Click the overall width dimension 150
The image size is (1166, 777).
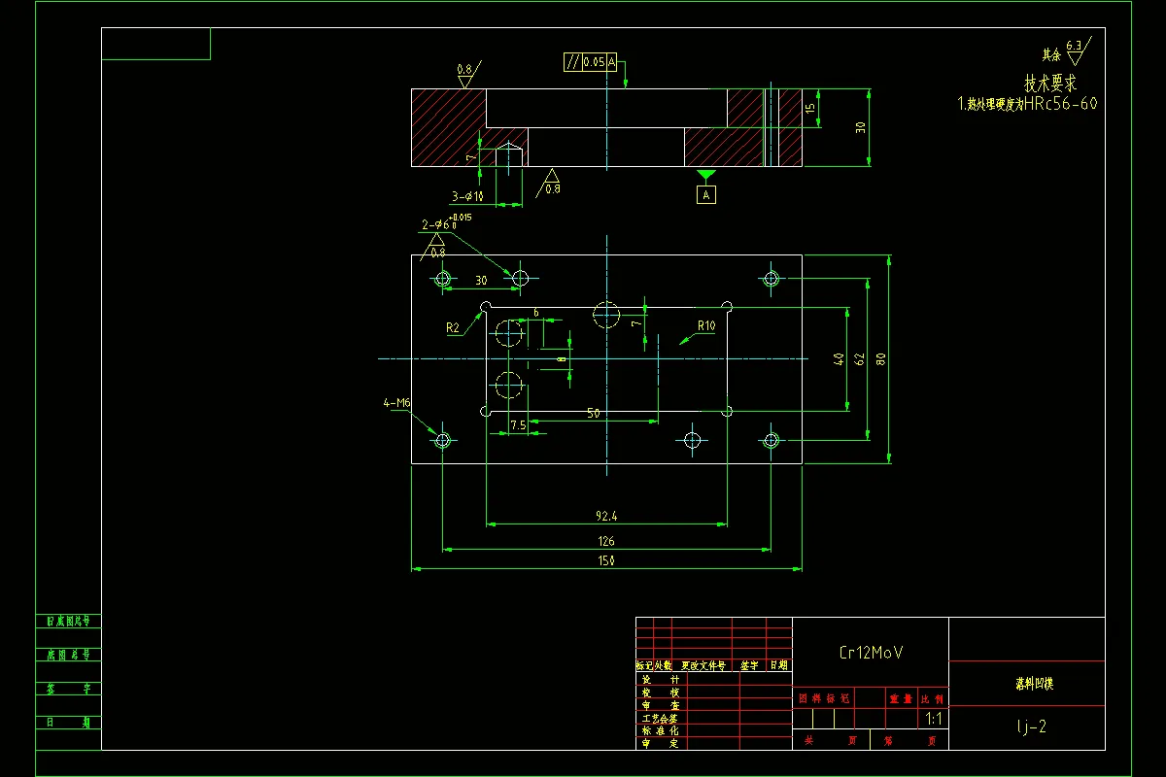607,560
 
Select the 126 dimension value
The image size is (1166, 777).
606,541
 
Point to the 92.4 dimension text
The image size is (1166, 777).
606,516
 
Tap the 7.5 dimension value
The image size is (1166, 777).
518,425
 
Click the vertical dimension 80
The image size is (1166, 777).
880,358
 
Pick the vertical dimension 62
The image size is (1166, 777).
859,358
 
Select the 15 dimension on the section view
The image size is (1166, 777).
809,109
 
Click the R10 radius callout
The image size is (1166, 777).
705,326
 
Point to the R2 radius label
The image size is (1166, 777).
453,327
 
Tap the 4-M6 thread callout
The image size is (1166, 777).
397,402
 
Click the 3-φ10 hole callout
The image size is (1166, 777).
466,196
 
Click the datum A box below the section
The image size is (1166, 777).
706,195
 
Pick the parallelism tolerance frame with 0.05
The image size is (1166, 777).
591,62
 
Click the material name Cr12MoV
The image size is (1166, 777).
871,653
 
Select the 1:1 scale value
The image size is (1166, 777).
934,720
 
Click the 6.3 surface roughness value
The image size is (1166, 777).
1074,46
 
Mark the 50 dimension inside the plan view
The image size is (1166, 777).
593,413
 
